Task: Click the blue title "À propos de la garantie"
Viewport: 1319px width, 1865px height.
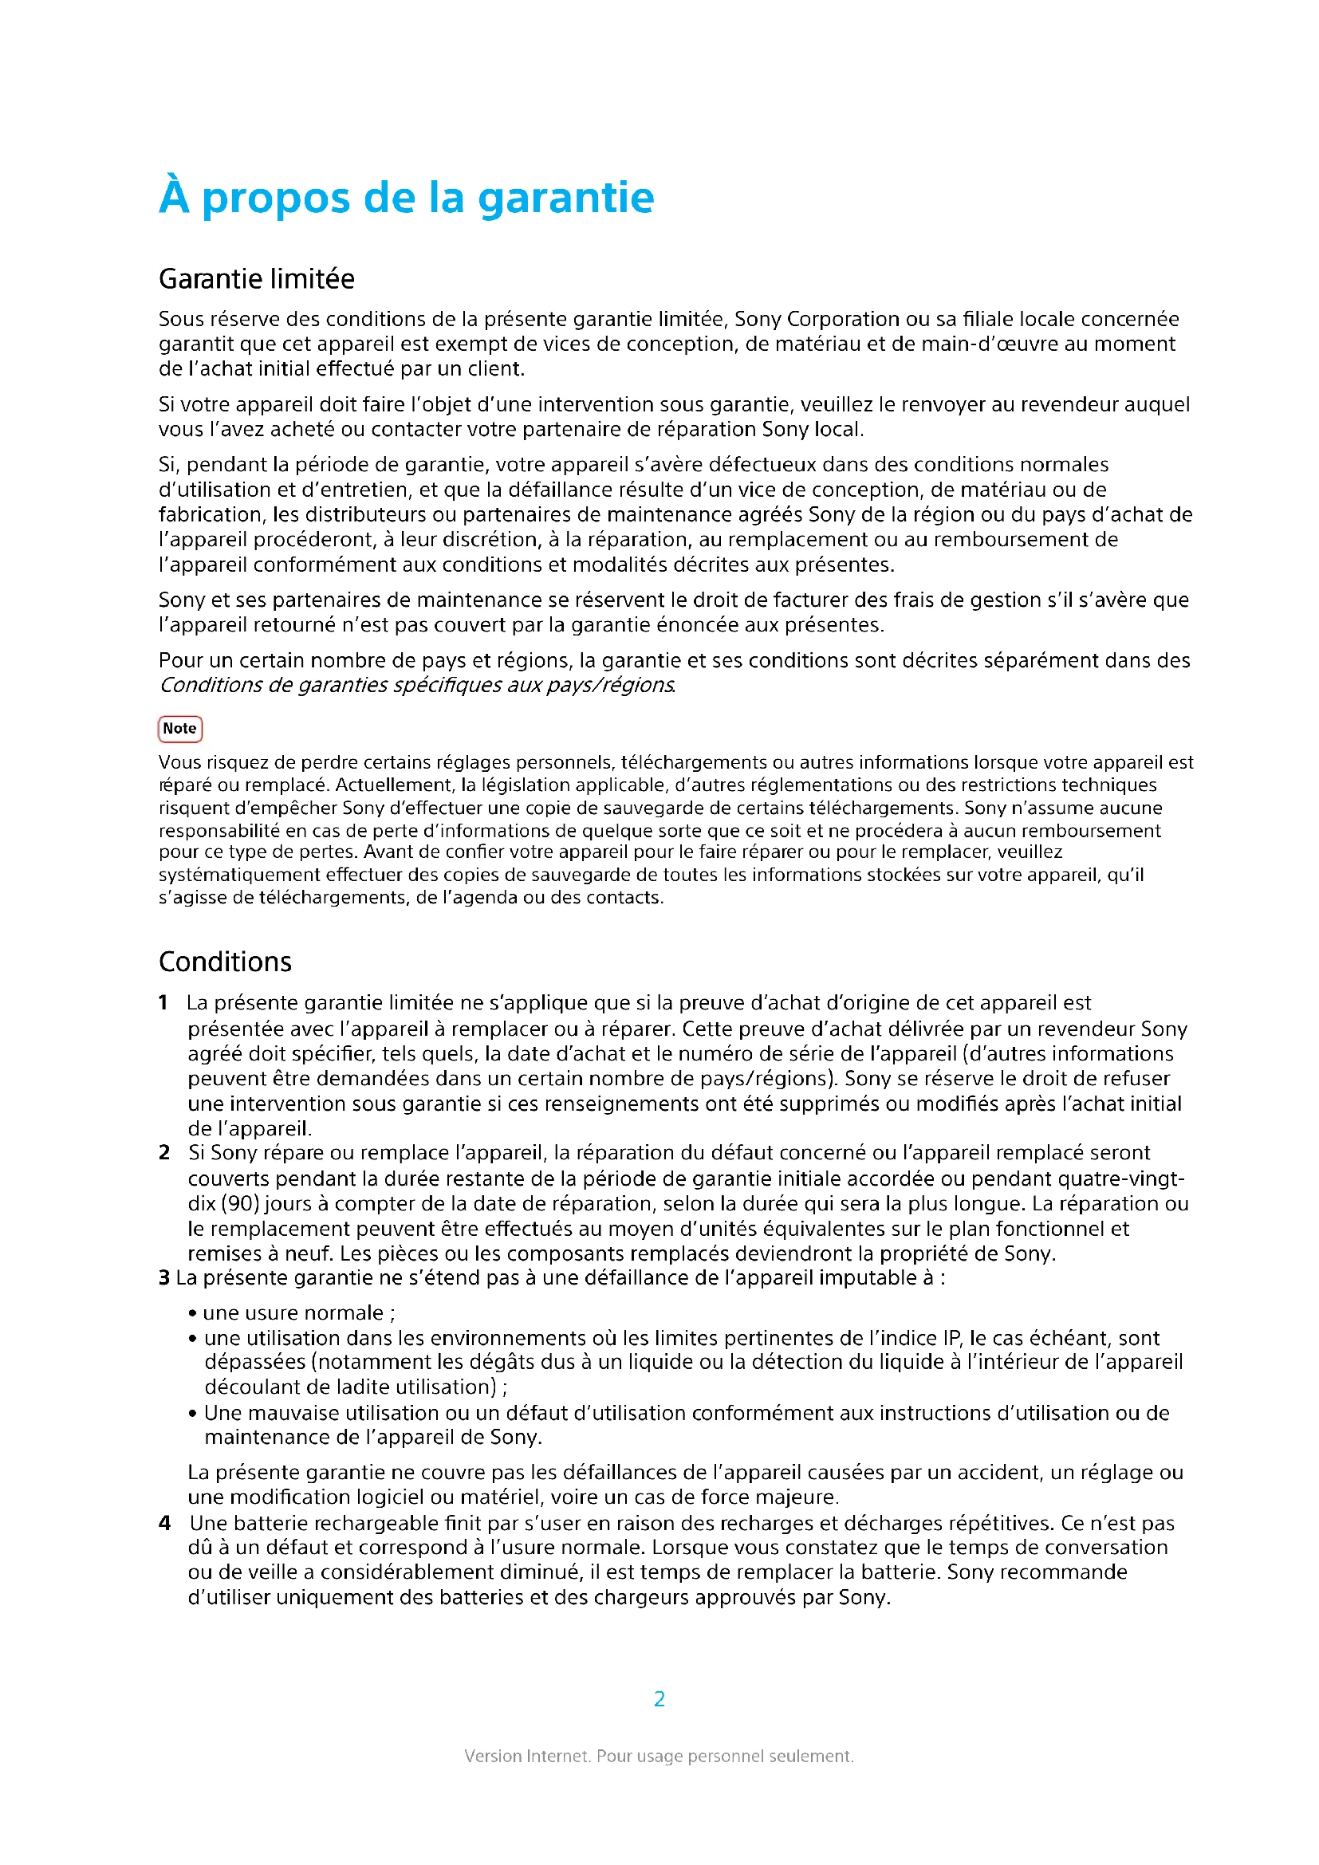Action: click(406, 198)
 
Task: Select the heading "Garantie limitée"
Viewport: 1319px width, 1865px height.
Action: click(257, 278)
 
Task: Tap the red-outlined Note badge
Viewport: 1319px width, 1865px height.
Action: click(179, 729)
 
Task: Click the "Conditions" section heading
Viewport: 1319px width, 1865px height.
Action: click(225, 962)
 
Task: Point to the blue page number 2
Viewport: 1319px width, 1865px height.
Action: click(659, 1698)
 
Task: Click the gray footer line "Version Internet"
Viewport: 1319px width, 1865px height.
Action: click(659, 1756)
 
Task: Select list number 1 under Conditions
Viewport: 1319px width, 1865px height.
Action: click(163, 1003)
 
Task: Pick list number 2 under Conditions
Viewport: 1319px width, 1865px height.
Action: click(164, 1153)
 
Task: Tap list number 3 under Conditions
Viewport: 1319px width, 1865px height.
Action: click(164, 1277)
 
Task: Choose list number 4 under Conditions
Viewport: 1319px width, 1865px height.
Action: click(164, 1523)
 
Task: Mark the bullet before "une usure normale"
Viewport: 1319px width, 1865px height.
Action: click(192, 1313)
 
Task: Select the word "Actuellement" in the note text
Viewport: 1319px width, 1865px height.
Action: click(395, 785)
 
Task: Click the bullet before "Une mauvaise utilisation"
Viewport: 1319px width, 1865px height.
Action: click(192, 1414)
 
